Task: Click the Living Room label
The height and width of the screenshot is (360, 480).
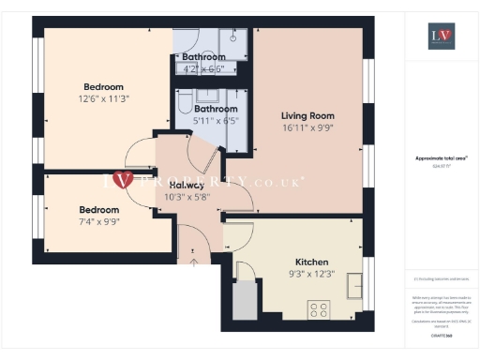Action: pos(307,116)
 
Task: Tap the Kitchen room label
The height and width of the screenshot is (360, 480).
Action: pos(311,262)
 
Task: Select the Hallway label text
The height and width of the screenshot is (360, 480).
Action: pos(187,185)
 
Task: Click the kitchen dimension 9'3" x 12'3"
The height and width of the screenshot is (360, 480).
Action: pos(311,274)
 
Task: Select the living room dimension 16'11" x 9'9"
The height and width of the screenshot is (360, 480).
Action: pos(307,129)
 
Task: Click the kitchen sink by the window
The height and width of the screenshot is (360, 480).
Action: pos(356,284)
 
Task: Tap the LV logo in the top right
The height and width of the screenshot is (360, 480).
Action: pos(442,38)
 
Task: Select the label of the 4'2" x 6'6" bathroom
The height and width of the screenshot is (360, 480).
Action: pos(203,57)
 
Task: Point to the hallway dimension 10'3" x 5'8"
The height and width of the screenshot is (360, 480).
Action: pos(187,197)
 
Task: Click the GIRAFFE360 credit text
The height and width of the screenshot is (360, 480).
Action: pos(442,334)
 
